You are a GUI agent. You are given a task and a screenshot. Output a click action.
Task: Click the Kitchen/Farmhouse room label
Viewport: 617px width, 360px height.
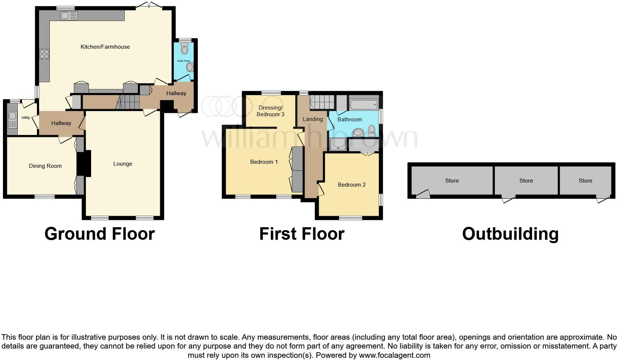(x=105, y=47)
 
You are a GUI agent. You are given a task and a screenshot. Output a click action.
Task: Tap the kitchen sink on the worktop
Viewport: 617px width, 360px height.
(x=69, y=16)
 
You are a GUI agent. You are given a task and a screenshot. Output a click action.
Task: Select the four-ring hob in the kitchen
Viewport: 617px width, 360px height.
(x=44, y=54)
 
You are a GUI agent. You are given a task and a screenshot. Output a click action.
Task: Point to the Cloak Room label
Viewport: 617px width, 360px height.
(x=183, y=61)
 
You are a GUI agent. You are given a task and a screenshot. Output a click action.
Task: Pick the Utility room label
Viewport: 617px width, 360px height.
(x=25, y=118)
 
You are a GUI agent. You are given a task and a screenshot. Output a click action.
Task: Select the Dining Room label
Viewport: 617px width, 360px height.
(x=45, y=166)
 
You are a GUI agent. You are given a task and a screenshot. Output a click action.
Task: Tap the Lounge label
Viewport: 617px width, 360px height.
(x=123, y=164)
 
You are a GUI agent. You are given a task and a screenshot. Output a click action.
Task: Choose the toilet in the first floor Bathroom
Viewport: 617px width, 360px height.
(x=371, y=130)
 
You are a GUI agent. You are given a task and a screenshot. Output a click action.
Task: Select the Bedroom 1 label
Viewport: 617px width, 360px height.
(x=264, y=162)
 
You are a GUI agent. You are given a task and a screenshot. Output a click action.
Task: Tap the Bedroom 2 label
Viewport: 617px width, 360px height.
(x=352, y=185)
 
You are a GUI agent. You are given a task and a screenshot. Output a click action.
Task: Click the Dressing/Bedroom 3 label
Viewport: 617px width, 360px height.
(x=270, y=111)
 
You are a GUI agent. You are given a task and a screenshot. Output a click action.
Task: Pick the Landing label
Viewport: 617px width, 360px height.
(x=313, y=119)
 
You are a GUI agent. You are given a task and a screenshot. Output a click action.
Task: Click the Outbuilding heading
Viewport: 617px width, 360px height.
(x=510, y=234)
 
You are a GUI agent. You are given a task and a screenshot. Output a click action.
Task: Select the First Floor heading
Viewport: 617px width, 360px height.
(x=301, y=234)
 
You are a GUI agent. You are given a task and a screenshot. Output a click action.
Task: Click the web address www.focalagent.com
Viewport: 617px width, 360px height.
(x=394, y=356)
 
